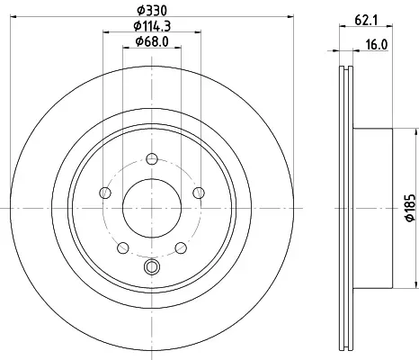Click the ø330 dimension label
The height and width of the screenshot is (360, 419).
click(152, 11)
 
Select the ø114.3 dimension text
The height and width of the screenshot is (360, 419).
click(152, 26)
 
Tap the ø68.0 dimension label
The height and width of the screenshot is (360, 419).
click(152, 41)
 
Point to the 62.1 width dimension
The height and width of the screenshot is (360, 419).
click(366, 21)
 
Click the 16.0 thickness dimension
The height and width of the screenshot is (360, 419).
click(377, 45)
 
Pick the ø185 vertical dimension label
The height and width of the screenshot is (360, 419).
click(411, 208)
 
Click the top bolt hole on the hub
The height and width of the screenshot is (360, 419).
click(152, 158)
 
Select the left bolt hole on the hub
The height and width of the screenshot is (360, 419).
click(105, 193)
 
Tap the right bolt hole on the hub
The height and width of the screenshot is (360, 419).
click(199, 193)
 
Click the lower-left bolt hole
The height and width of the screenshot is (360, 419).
click(123, 247)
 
